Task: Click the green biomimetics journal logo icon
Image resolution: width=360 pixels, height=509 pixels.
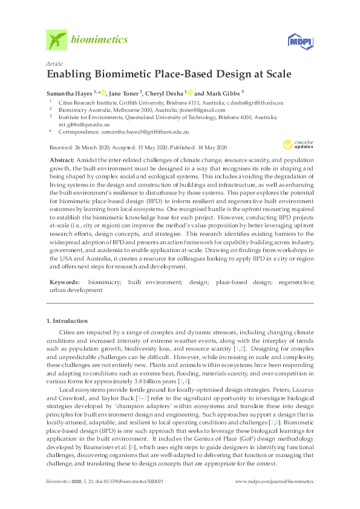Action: (x=56, y=41)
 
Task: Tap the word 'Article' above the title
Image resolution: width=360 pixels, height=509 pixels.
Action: (x=53, y=63)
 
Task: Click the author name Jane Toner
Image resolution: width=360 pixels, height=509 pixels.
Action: (x=125, y=93)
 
